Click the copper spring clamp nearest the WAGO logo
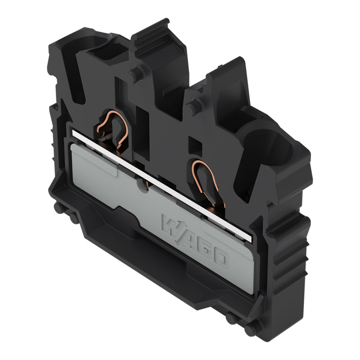pyautogui.click(x=206, y=182)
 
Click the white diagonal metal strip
pyautogui.click(x=162, y=186)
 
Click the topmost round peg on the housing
pyautogui.click(x=134, y=73)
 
